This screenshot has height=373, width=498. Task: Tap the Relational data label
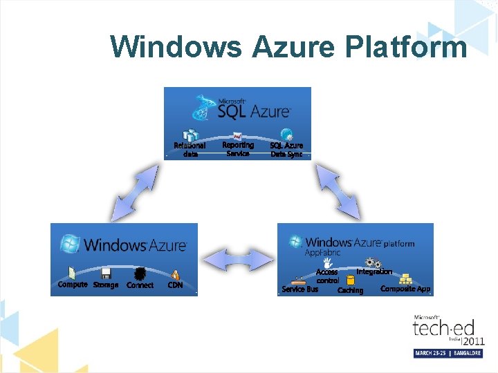pyautogui.click(x=190, y=150)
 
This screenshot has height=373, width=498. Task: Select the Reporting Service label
pyautogui.click(x=238, y=149)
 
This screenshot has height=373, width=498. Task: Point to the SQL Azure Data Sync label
pyautogui.click(x=286, y=150)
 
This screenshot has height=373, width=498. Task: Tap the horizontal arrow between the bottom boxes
pyautogui.click(x=237, y=258)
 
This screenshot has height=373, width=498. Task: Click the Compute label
pyautogui.click(x=73, y=285)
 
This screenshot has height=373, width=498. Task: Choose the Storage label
pyautogui.click(x=106, y=285)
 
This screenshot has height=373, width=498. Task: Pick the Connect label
pyautogui.click(x=140, y=285)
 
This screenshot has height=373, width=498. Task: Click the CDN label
pyautogui.click(x=176, y=285)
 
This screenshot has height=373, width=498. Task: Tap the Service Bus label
pyautogui.click(x=299, y=289)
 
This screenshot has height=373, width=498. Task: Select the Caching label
pyautogui.click(x=350, y=291)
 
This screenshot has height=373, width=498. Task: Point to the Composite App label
pyautogui.click(x=405, y=289)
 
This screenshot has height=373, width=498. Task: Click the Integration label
pyautogui.click(x=374, y=272)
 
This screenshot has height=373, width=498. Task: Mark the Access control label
pyautogui.click(x=327, y=277)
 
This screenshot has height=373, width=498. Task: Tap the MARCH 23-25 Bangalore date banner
pyautogui.click(x=448, y=353)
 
